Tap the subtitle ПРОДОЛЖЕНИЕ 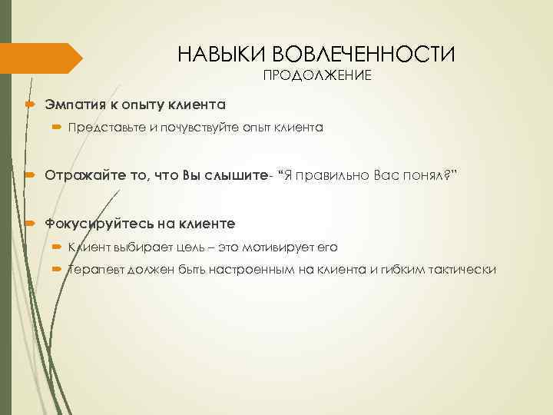point(317,75)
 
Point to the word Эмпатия point(74,103)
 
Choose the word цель point(189,247)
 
